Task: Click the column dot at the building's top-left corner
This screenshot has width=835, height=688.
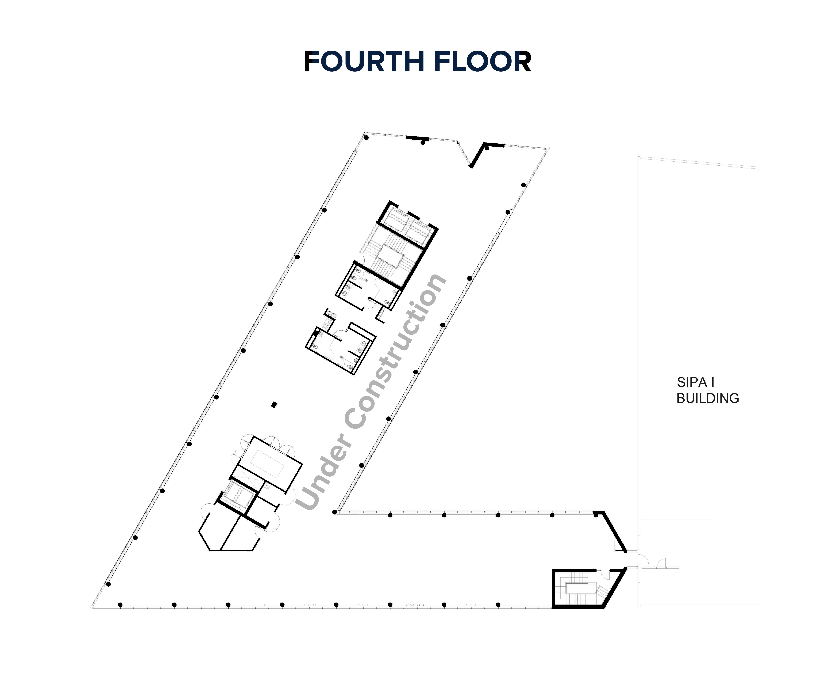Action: tap(367, 137)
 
